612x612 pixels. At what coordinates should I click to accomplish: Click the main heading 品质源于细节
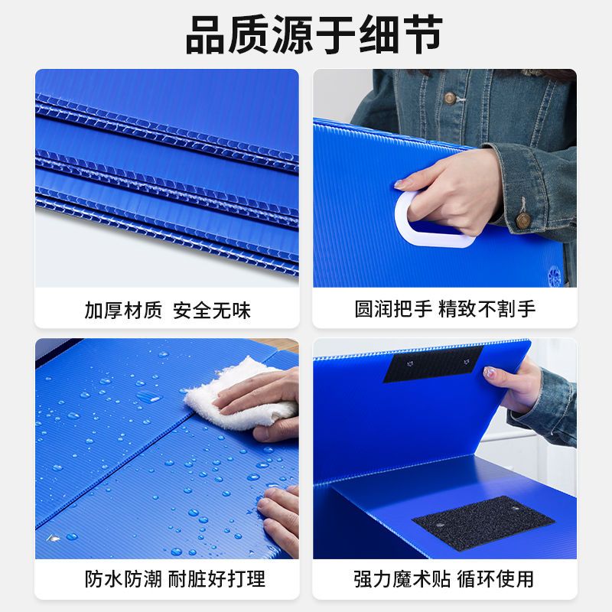(306, 35)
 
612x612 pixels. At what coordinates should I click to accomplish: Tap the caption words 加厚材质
(123, 311)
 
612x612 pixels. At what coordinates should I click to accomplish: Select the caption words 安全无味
(212, 311)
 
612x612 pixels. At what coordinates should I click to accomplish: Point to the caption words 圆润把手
(392, 309)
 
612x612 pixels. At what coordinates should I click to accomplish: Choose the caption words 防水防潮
(123, 579)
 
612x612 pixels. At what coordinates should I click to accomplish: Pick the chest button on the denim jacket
(450, 98)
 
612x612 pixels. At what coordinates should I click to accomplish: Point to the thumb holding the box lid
(491, 373)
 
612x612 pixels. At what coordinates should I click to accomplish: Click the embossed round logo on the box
(555, 274)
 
